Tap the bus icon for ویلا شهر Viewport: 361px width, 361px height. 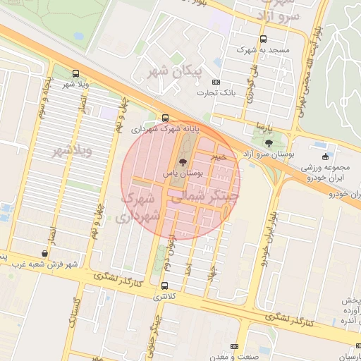coord(75,73)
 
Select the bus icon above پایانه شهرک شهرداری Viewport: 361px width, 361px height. coord(165,118)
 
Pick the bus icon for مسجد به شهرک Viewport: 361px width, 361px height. coord(263,39)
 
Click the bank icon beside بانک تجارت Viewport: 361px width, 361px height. coord(216,82)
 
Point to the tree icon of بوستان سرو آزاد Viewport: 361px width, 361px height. coord(269,143)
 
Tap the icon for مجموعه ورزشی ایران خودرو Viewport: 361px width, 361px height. coord(325,157)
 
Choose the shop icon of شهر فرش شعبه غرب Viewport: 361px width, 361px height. coord(45,253)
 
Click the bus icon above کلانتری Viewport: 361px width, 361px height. coord(164,286)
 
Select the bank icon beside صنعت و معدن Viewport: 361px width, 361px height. coord(234,347)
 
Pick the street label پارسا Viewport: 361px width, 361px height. coord(264,129)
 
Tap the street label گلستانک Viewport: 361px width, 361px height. coord(73,312)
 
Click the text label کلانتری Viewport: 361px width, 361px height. coord(164,297)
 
